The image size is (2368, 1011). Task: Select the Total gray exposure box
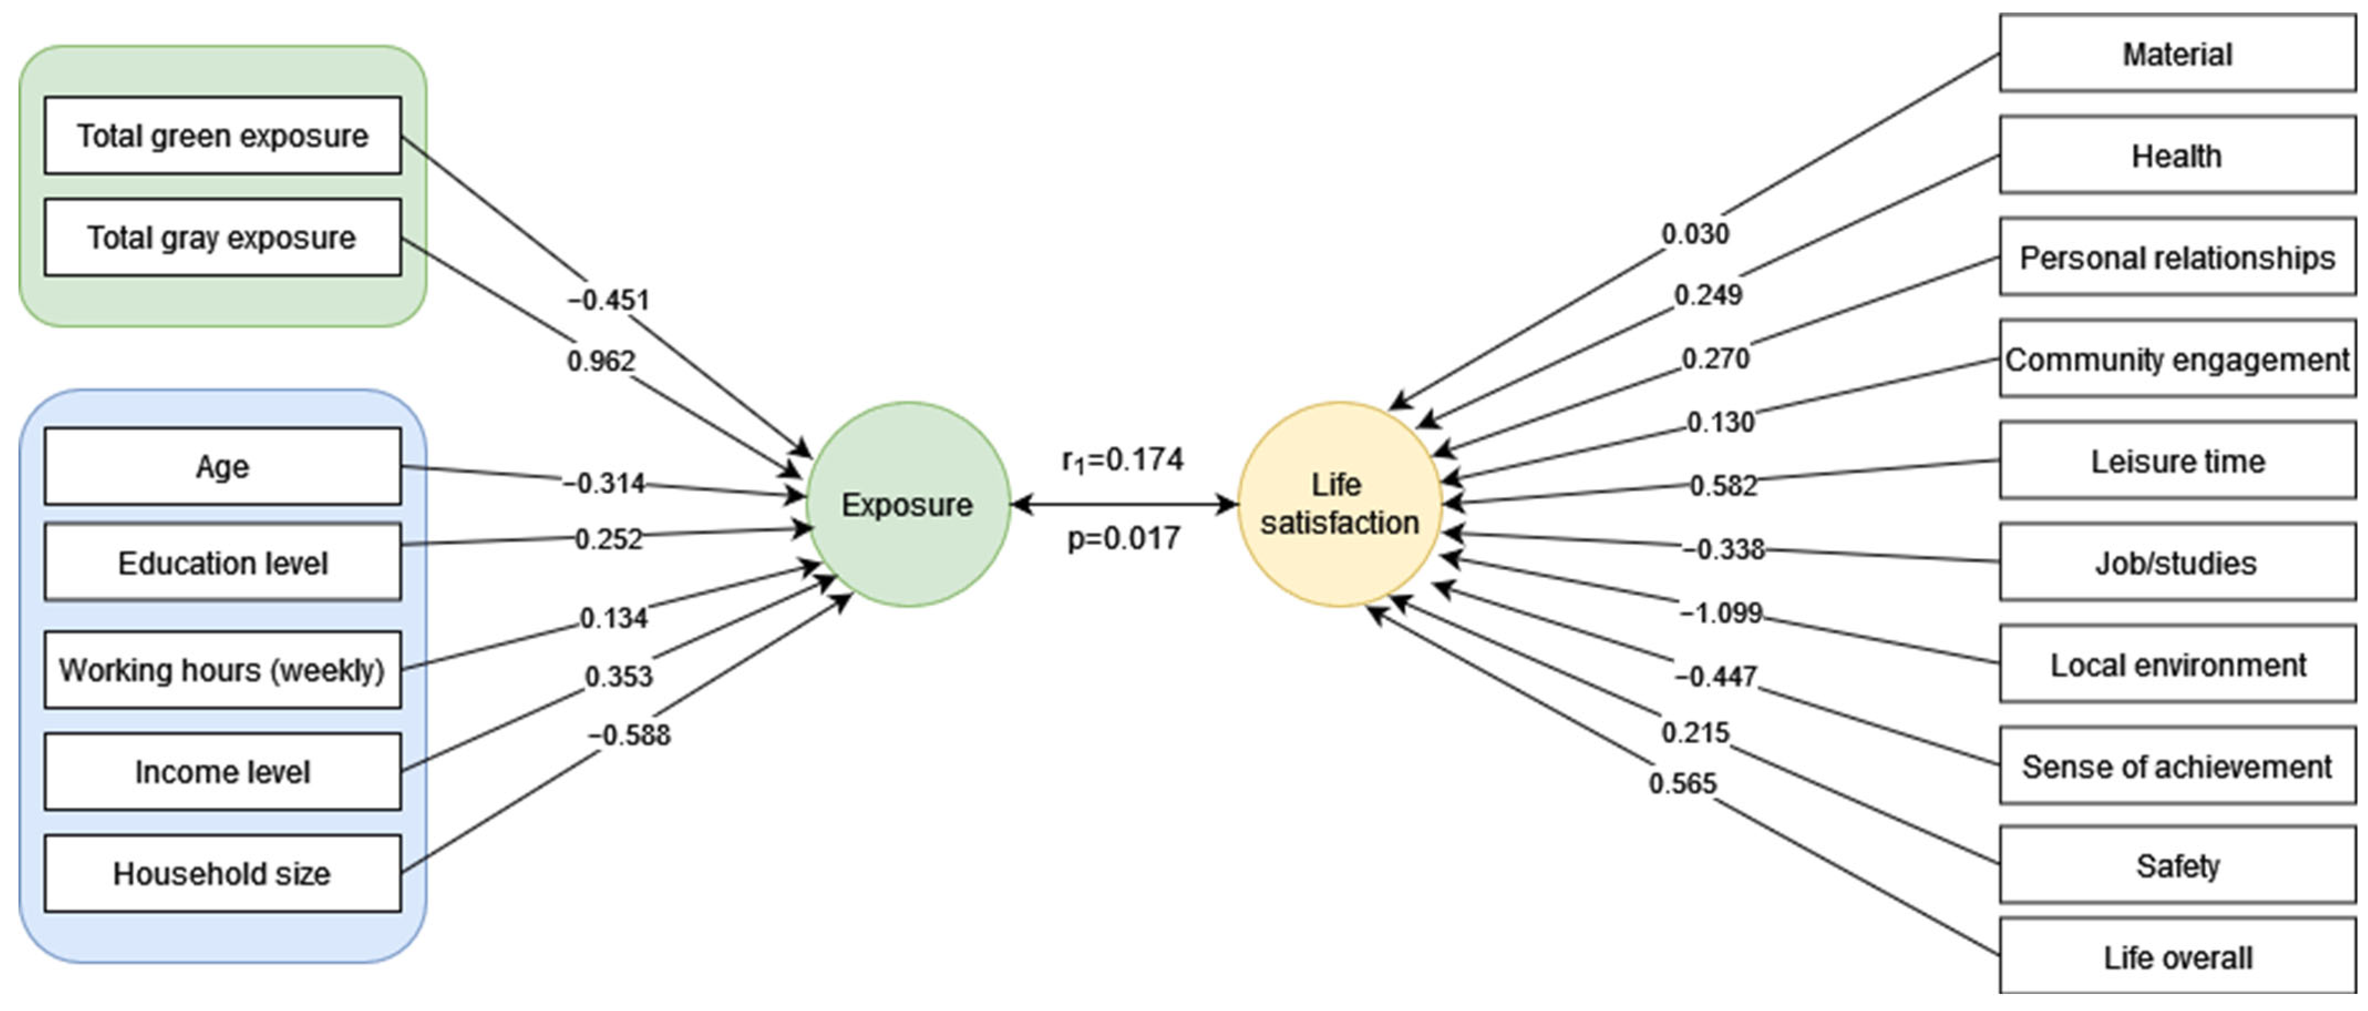coord(223,237)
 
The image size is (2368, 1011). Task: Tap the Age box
coord(223,467)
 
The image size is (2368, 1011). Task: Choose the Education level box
coord(223,563)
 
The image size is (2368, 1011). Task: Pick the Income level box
coord(223,772)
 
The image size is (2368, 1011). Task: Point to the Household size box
coord(223,873)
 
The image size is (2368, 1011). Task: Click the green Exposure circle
coord(907,504)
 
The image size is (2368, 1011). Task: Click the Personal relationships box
coord(2177,257)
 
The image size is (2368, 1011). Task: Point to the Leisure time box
coord(2177,461)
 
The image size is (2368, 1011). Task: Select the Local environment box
coord(2177,664)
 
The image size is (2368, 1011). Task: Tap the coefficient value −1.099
coord(1721,612)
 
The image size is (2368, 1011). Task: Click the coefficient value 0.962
coord(601,361)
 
